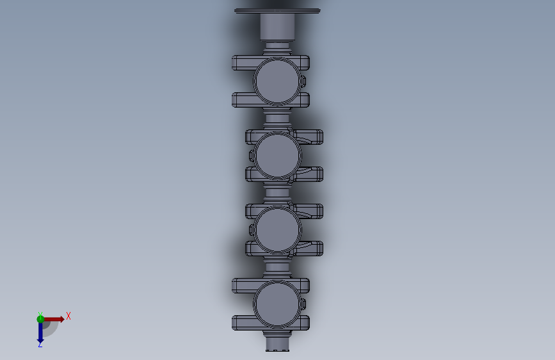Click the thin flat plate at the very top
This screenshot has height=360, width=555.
277,11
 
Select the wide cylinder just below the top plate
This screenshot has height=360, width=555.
277,26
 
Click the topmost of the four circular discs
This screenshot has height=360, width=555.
277,81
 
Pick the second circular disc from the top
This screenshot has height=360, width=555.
278,156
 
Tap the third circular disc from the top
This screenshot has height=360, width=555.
278,230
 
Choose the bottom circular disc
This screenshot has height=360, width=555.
277,304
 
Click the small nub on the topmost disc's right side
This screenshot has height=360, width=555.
303,81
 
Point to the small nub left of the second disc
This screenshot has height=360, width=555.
252,156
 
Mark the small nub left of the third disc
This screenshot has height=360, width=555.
252,230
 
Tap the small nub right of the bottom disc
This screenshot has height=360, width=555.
303,304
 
